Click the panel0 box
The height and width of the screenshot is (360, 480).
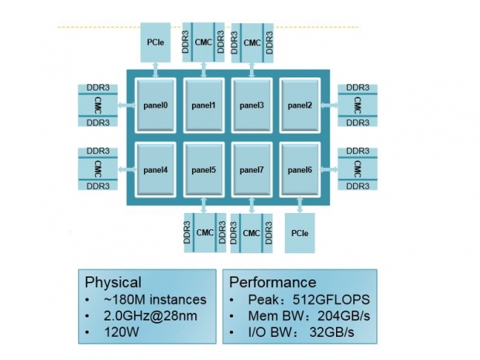(x=156, y=105)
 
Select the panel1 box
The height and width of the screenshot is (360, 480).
(x=204, y=105)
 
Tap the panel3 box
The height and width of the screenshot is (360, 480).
(x=252, y=105)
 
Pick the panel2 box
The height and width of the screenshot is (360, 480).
(x=300, y=105)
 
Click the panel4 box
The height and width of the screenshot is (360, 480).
(x=156, y=169)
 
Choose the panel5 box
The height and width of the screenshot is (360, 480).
(x=204, y=169)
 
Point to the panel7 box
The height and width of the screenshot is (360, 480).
(x=252, y=169)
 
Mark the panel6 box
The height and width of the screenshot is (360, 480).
(x=300, y=169)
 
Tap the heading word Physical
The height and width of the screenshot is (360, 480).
(x=113, y=282)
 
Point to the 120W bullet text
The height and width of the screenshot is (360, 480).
(x=115, y=334)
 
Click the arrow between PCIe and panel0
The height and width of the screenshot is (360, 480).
(x=156, y=70)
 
